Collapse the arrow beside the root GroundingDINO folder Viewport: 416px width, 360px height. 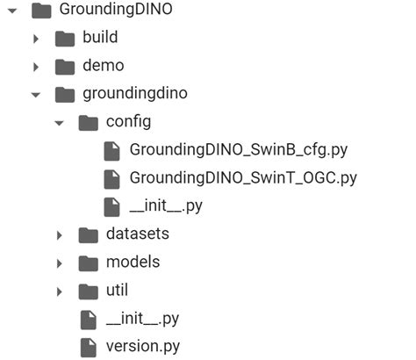tap(12, 11)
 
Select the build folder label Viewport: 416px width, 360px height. tap(99, 38)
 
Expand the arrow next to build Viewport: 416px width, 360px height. tap(36, 39)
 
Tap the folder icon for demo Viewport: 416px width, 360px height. tap(64, 66)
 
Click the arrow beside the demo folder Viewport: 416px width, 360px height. tap(36, 67)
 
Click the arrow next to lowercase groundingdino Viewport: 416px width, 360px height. tap(36, 94)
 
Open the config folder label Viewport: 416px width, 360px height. tap(128, 121)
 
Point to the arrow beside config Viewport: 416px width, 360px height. tap(60, 122)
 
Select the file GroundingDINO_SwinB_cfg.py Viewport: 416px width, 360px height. tap(232, 149)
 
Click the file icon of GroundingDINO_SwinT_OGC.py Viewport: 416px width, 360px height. tap(111, 178)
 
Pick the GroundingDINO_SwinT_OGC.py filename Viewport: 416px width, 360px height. tap(243, 177)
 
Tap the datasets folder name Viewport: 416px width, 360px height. tap(137, 234)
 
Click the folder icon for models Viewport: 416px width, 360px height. tap(88, 263)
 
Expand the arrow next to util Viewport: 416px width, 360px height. tap(60, 291)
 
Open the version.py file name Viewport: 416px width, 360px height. tap(143, 346)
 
